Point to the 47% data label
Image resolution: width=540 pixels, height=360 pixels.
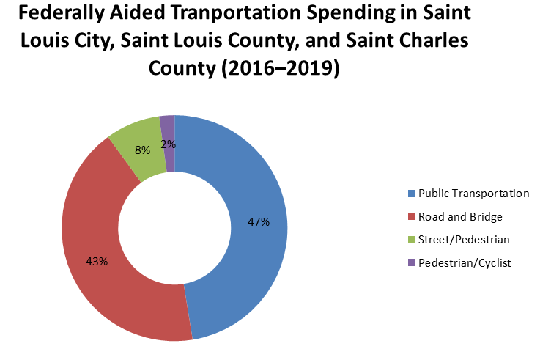[x=259, y=221]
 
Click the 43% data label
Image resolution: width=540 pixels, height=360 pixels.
[x=97, y=261]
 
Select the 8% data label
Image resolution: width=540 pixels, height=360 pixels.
[x=143, y=150]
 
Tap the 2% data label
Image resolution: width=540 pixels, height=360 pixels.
[x=169, y=144]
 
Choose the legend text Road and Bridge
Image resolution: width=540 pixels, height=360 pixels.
[x=459, y=216]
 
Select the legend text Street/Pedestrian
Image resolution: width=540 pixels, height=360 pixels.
[x=463, y=239]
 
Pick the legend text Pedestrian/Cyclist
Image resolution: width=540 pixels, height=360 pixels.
[x=463, y=262]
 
